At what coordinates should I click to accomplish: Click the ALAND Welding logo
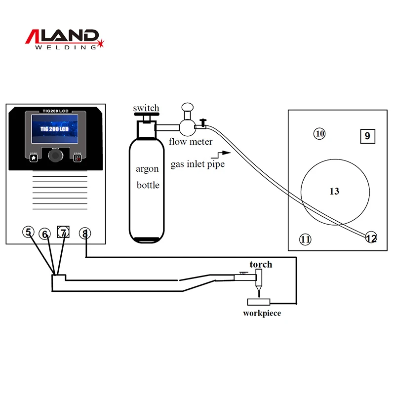coord(63,39)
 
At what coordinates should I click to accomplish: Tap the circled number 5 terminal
coord(29,232)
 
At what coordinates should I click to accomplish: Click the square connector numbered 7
coord(63,232)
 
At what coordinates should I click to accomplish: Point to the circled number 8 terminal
coord(85,234)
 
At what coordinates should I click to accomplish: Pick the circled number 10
coord(320,133)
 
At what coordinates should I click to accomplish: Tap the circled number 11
coord(306,240)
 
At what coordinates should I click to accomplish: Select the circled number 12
coord(371,238)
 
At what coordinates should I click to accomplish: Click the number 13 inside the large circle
coord(334,191)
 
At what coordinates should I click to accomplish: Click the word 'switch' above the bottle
coord(146,108)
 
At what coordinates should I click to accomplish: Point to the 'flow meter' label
coord(191,142)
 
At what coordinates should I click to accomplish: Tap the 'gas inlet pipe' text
coord(197,164)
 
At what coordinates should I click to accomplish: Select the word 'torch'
coord(261,264)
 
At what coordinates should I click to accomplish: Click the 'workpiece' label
coord(262,313)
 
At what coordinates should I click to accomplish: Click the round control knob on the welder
coord(56,156)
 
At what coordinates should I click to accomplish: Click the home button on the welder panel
coord(34,158)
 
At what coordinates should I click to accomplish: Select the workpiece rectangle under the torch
coord(259,302)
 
